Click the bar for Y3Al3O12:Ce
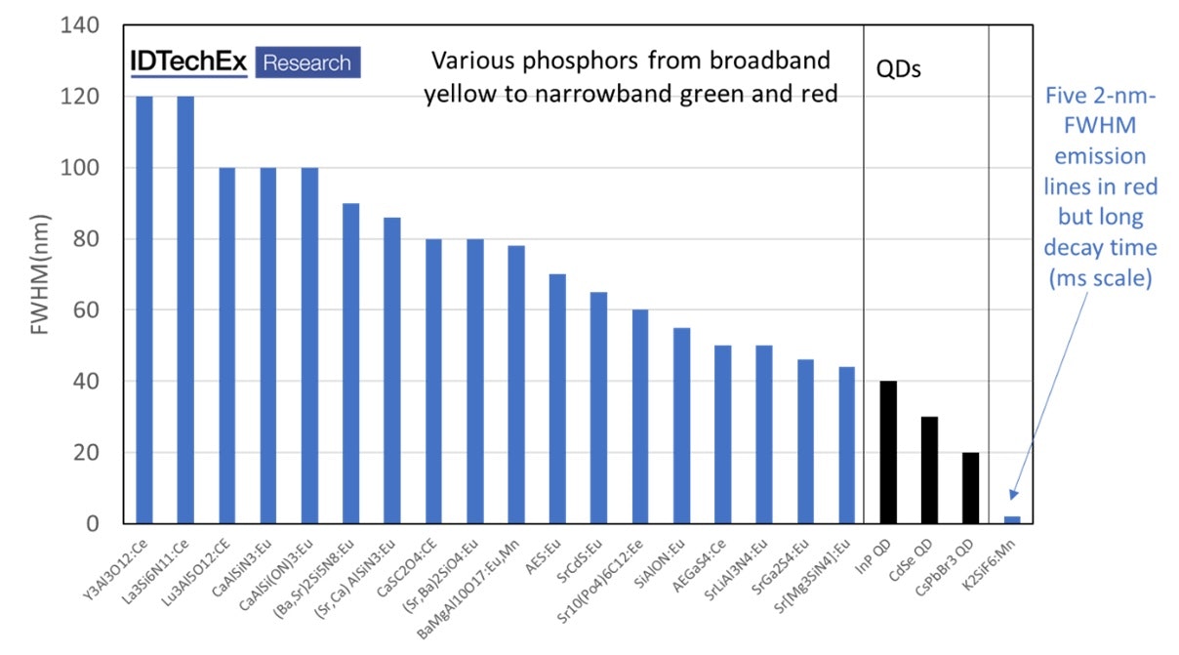pyautogui.click(x=144, y=310)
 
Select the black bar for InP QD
pyautogui.click(x=888, y=452)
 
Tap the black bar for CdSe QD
pyautogui.click(x=929, y=471)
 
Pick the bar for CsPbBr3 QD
pyautogui.click(x=971, y=488)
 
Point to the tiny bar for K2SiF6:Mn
pyautogui.click(x=1012, y=519)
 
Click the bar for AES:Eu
pyautogui.click(x=557, y=398)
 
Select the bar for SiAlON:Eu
pyautogui.click(x=682, y=426)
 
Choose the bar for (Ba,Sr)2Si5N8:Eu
pyautogui.click(x=350, y=363)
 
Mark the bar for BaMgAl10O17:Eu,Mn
pyautogui.click(x=516, y=385)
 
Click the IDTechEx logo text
pyautogui.click(x=189, y=61)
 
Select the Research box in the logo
pyautogui.click(x=307, y=62)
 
